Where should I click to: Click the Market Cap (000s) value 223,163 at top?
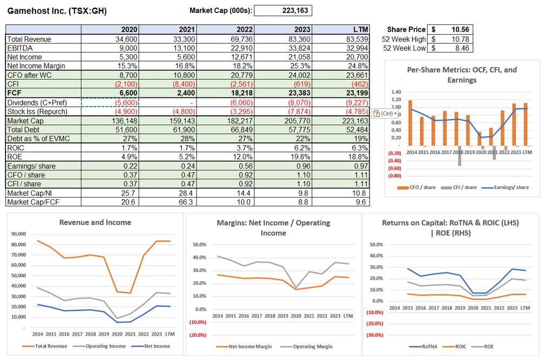pyautogui.click(x=283, y=10)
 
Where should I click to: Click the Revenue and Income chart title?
pyautogui.click(x=95, y=222)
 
